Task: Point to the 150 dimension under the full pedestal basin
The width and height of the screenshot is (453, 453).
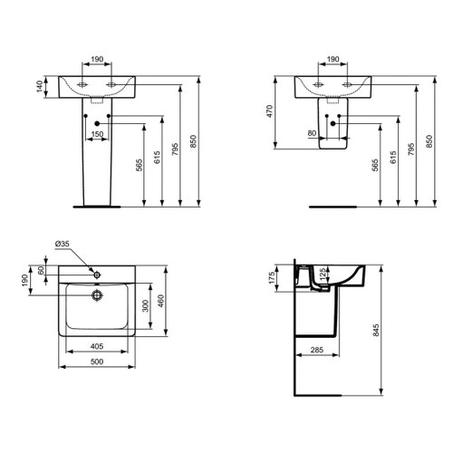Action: [97, 135]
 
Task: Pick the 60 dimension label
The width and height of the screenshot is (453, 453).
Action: [41, 271]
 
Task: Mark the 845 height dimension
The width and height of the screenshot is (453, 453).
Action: [389, 332]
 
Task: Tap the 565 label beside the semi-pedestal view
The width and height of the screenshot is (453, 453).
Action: [374, 164]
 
